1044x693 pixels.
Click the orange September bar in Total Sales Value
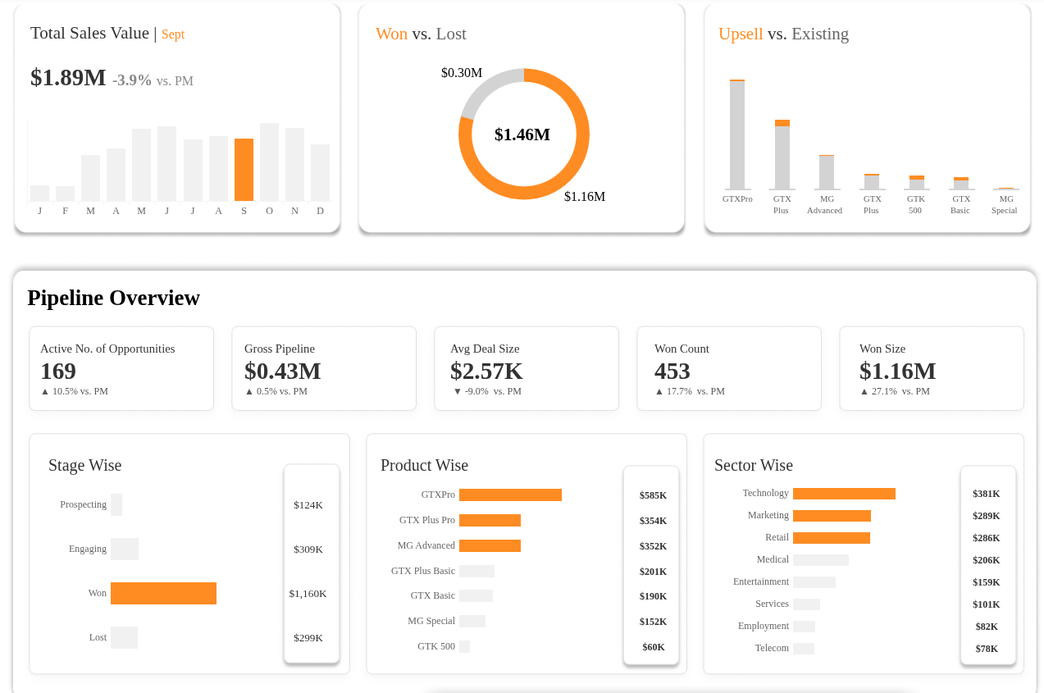click(244, 170)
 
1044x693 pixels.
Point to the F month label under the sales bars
click(65, 211)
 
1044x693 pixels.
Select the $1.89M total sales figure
click(68, 78)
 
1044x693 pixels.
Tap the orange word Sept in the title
click(172, 34)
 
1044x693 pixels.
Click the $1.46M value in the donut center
click(522, 134)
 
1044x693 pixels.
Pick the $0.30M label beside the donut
click(461, 73)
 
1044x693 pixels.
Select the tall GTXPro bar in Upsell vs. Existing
click(737, 135)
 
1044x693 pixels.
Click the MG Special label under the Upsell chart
click(1005, 204)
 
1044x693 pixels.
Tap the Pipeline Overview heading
click(113, 298)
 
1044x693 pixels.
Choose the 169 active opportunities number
click(58, 372)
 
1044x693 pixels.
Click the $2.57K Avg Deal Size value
click(486, 372)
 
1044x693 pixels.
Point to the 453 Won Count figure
click(672, 372)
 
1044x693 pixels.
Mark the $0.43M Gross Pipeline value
click(282, 372)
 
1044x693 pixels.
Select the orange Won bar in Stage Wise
click(163, 593)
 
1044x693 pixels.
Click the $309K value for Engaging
click(308, 549)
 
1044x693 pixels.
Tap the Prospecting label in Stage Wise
click(83, 504)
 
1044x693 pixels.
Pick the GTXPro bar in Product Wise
click(510, 495)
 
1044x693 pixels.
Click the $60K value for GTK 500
click(654, 647)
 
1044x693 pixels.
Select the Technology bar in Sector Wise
click(844, 494)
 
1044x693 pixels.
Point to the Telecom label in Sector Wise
click(772, 648)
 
